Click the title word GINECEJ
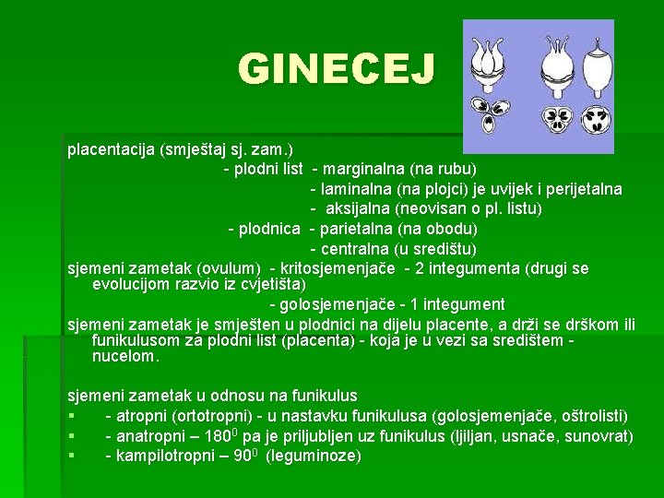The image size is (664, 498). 337,68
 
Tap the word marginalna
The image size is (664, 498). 363,170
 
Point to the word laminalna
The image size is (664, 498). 356,189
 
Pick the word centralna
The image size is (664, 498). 355,249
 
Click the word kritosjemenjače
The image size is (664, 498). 338,269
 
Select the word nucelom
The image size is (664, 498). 125,357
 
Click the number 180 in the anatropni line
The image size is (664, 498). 218,435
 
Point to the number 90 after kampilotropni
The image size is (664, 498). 243,456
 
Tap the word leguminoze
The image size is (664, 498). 314,456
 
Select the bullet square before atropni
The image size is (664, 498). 72,416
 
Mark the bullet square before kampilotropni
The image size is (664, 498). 72,456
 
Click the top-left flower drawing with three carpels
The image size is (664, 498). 488,65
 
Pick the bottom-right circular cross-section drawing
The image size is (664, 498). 596,119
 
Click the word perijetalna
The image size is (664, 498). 584,189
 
